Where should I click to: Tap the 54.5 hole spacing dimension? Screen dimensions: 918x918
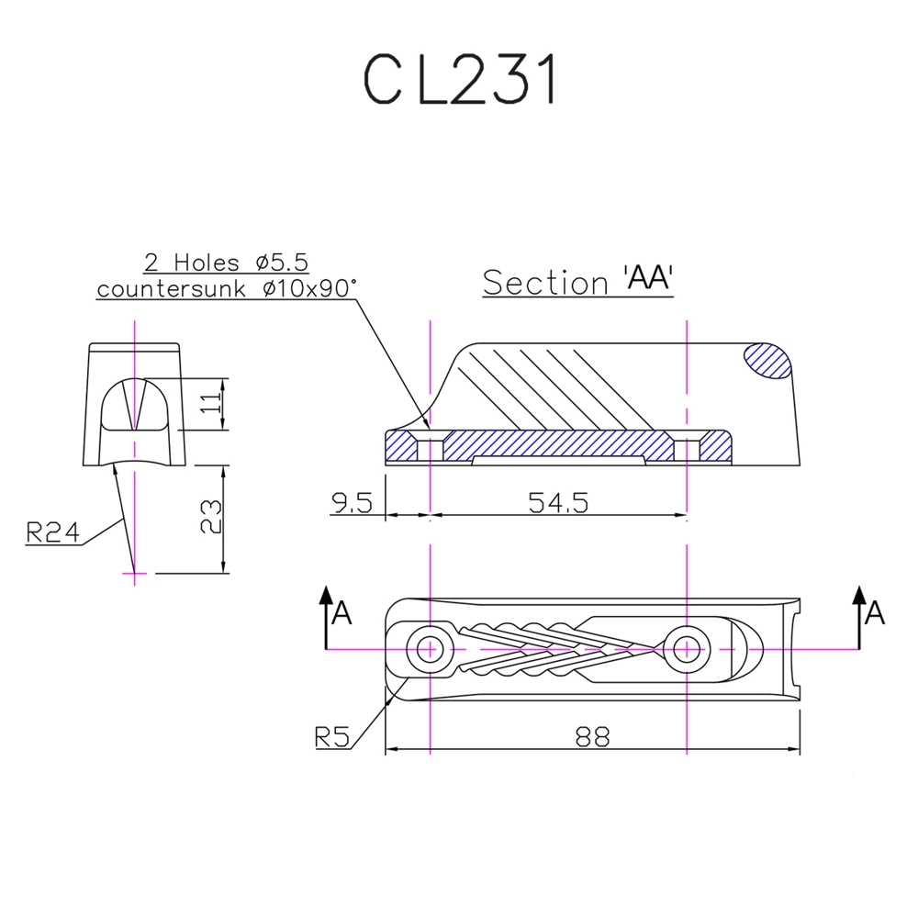557,501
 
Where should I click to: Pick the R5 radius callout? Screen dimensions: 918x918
330,736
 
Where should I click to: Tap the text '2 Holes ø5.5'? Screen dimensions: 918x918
226,263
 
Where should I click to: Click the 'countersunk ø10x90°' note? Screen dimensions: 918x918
226,288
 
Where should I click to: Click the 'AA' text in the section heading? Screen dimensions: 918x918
648,280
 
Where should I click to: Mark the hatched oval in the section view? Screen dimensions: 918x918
767,360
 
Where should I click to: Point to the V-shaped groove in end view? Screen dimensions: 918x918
135,404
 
